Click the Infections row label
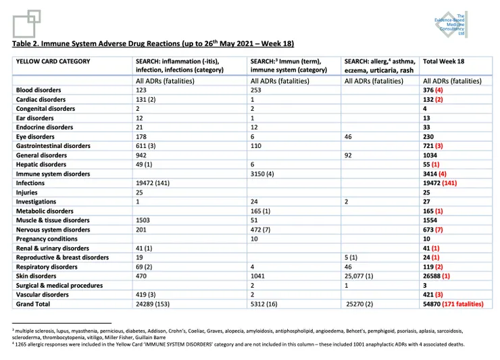(x=32, y=183)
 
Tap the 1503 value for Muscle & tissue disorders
(x=145, y=220)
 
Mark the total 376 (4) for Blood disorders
(x=432, y=90)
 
